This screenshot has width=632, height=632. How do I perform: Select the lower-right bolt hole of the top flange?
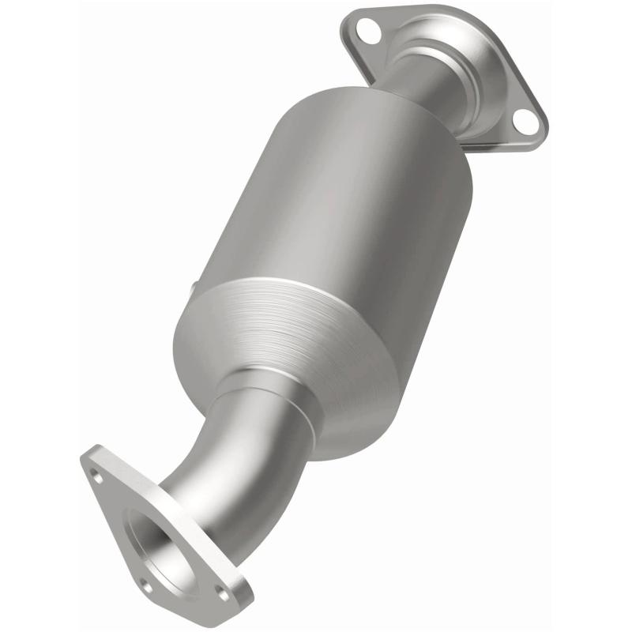(x=522, y=119)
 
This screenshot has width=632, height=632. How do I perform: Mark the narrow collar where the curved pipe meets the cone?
(x=261, y=395)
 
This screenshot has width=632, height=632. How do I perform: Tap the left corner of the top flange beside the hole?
(x=348, y=28)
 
